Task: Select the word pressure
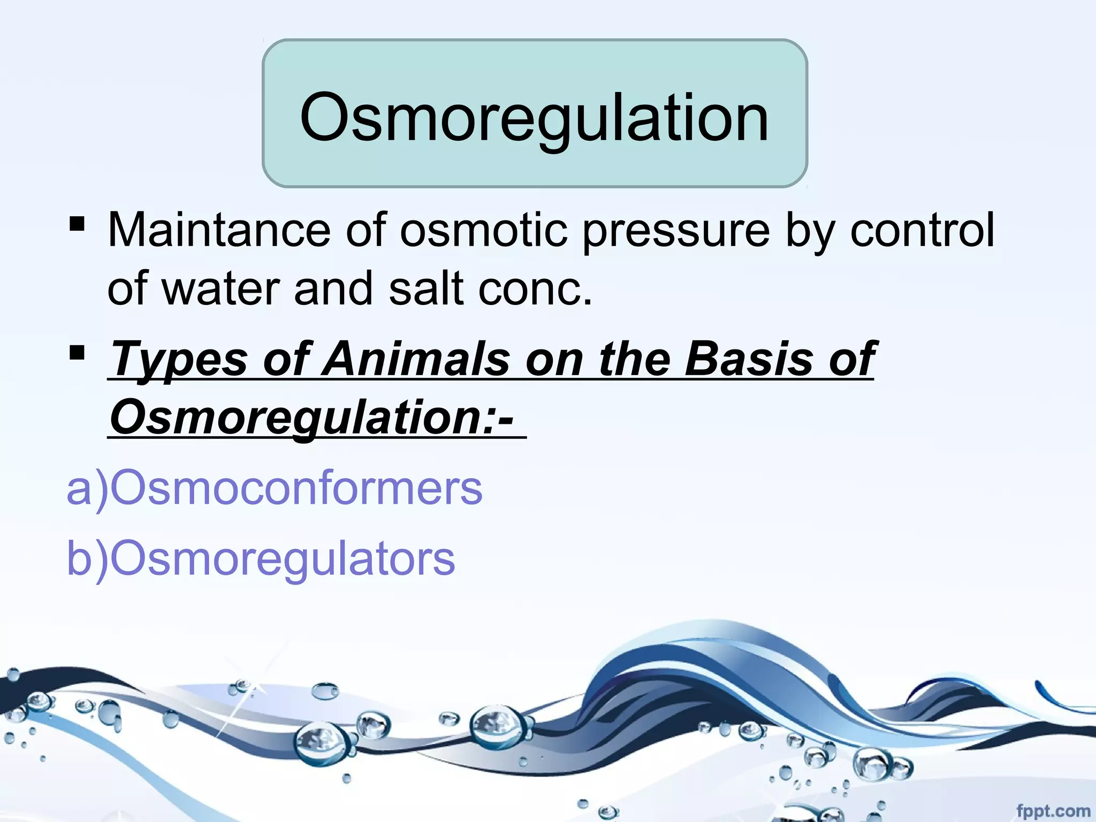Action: (676, 231)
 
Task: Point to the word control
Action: (922, 231)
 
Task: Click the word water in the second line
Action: (221, 289)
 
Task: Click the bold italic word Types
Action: (179, 360)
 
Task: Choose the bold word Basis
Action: (749, 360)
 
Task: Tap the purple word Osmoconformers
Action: (296, 488)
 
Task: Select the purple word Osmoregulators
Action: (282, 558)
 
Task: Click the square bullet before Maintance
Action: (77, 224)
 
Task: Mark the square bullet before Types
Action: (77, 352)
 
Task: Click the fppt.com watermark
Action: (1053, 811)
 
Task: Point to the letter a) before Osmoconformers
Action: (86, 488)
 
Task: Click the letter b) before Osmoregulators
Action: (86, 558)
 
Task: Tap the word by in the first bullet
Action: (808, 231)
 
